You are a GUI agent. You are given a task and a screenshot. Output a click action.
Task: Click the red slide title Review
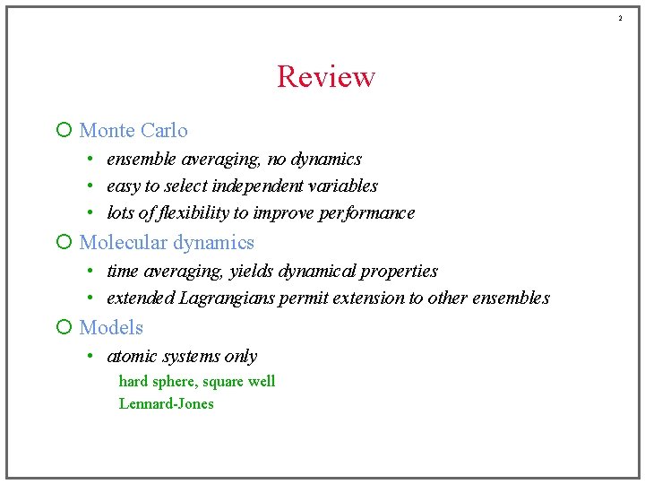point(325,77)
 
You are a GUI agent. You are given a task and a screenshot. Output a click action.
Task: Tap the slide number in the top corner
point(619,18)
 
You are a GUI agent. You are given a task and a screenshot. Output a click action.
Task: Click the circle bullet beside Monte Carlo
point(64,131)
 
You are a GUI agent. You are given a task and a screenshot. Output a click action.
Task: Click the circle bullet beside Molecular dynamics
point(64,243)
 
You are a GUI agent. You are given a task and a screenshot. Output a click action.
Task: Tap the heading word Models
point(111,328)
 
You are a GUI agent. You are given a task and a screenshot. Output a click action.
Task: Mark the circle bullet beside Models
point(64,328)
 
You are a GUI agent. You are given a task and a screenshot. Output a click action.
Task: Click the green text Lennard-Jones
point(167,403)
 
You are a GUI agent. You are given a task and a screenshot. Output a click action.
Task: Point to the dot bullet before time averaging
point(91,272)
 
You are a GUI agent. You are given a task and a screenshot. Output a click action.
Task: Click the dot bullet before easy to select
point(91,186)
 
